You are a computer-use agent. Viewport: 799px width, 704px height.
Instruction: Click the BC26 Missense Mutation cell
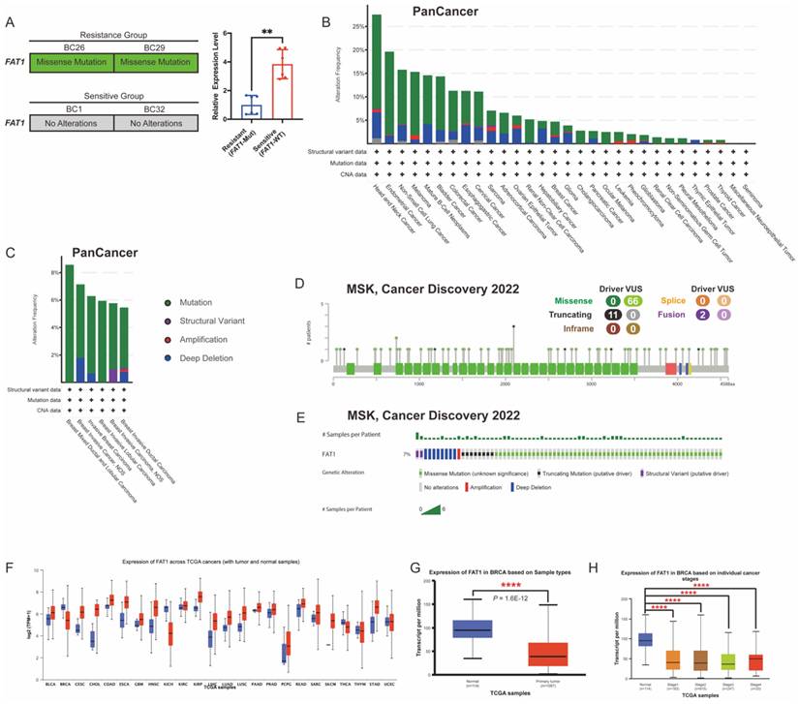[71, 61]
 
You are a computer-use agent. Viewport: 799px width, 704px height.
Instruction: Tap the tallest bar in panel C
[70, 321]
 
